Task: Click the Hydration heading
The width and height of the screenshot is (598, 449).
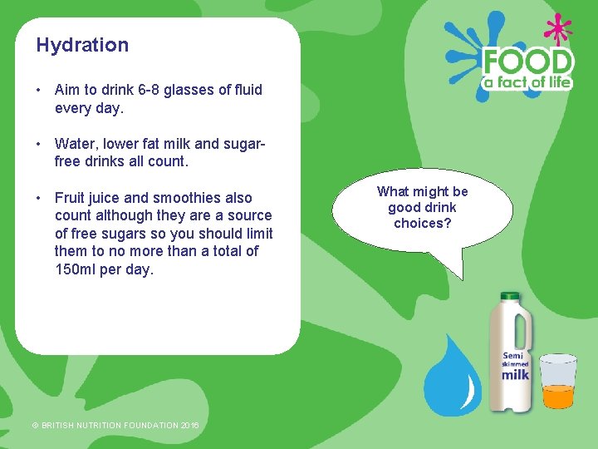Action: pos(82,45)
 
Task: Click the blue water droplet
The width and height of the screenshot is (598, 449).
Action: pos(452,378)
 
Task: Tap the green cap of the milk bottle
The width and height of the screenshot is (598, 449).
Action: pos(509,296)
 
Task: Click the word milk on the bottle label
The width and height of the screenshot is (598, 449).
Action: pos(515,374)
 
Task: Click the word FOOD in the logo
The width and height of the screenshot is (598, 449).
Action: pos(529,62)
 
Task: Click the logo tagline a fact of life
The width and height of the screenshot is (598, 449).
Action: pos(529,82)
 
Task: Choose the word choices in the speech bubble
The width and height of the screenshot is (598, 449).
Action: pos(423,223)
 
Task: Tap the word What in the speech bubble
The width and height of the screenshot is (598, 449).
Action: pos(395,191)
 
